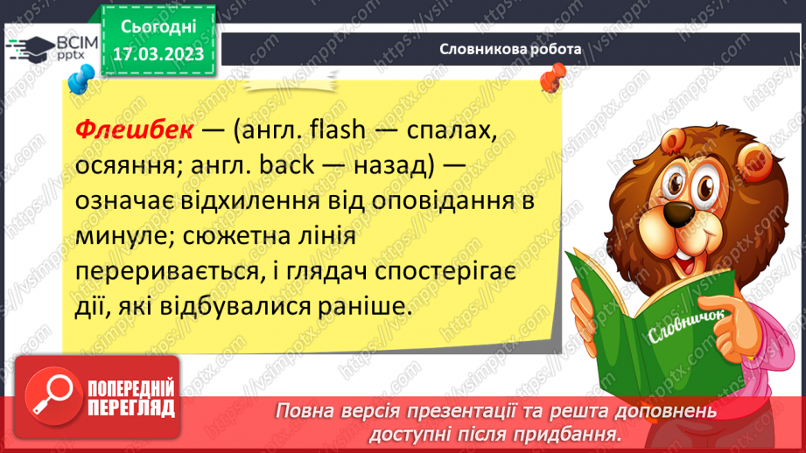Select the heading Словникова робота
point(510,49)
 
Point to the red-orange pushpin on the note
point(551,80)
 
